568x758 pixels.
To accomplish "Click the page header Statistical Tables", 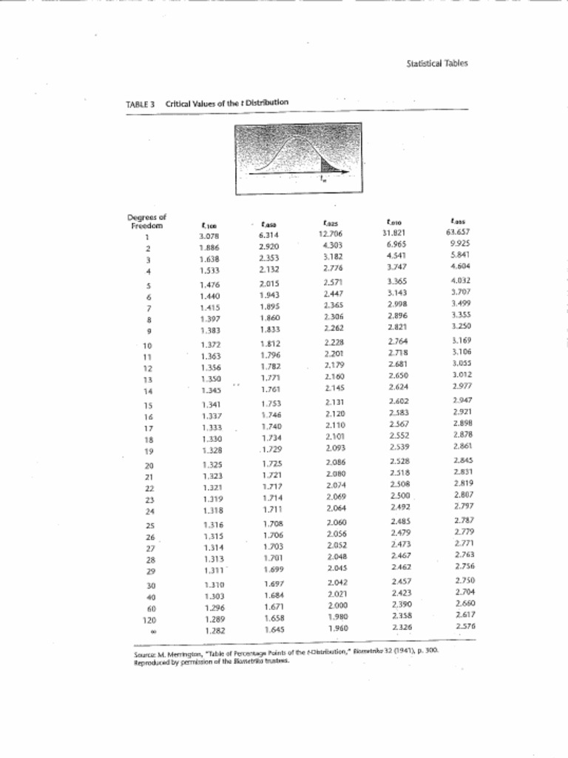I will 437,63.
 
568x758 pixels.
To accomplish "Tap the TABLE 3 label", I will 140,104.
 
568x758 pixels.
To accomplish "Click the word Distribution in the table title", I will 266,102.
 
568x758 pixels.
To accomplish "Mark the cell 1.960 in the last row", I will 337,628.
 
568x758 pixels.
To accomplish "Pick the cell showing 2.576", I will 464,625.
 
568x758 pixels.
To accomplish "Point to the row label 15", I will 148,406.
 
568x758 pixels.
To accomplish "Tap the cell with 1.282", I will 213,631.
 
